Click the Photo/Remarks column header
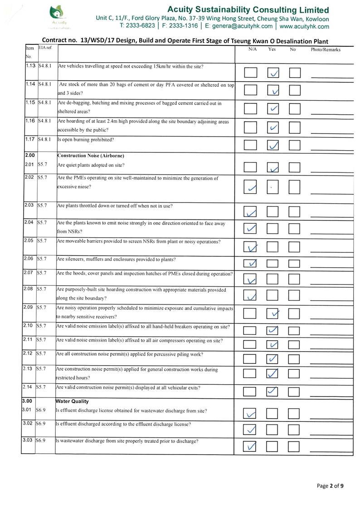pos(325,49)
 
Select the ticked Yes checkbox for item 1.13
pos(273,73)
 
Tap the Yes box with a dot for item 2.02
pos(272,187)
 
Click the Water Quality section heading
pos(72,401)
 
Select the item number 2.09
pos(29,308)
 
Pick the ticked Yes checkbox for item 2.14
pos(272,391)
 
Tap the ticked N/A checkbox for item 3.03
pos(250,447)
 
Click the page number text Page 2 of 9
pos(330,486)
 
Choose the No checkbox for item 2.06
pos(295,263)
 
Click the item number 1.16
pos(30,121)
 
